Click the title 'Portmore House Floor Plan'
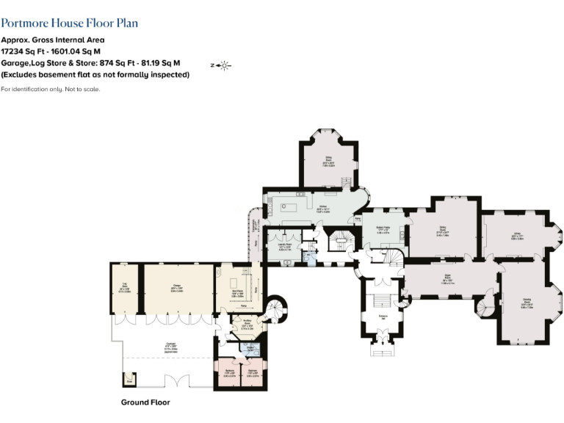click(69, 24)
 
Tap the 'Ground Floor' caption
click(145, 402)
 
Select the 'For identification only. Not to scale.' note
click(51, 89)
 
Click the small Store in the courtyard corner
click(129, 380)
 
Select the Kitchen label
click(322, 208)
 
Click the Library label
click(518, 236)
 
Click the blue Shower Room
click(250, 350)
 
